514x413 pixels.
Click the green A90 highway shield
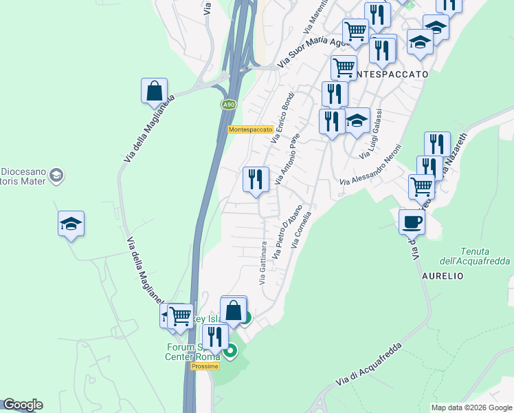pos(229,105)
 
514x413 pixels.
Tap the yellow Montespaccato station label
pos(251,129)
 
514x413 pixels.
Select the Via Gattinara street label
pos(262,264)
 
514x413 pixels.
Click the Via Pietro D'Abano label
pos(288,232)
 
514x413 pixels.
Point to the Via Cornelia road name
pos(302,230)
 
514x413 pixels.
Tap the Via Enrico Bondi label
pos(282,118)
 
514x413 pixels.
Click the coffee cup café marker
pos(412,222)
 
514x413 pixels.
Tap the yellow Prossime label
pos(205,366)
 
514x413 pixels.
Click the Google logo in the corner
pos(23,405)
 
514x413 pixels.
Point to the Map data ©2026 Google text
pos(472,407)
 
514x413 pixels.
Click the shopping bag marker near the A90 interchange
pos(154,91)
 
